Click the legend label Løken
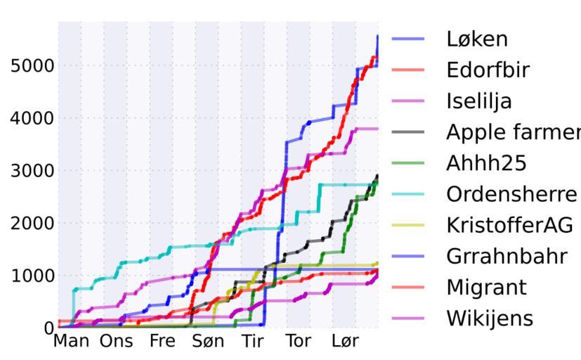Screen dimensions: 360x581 point(476,39)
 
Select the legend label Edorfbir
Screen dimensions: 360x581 point(488,70)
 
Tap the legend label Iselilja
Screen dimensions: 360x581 point(479,101)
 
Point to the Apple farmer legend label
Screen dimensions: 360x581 point(513,132)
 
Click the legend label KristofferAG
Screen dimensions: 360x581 point(509,225)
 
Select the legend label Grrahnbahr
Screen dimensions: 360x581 point(506,256)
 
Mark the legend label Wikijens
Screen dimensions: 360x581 point(490,318)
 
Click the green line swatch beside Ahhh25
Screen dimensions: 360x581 point(408,163)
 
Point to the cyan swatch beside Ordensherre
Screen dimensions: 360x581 point(408,194)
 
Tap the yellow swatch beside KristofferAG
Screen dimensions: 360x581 point(408,225)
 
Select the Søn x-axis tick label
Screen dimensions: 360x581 point(208,342)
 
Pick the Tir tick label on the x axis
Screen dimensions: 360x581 point(253,342)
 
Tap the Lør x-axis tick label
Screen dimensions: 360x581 point(345,342)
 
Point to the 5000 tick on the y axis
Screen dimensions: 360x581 point(32,65)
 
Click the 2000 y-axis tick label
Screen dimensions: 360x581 point(32,223)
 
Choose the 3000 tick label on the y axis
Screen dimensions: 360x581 point(32,171)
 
